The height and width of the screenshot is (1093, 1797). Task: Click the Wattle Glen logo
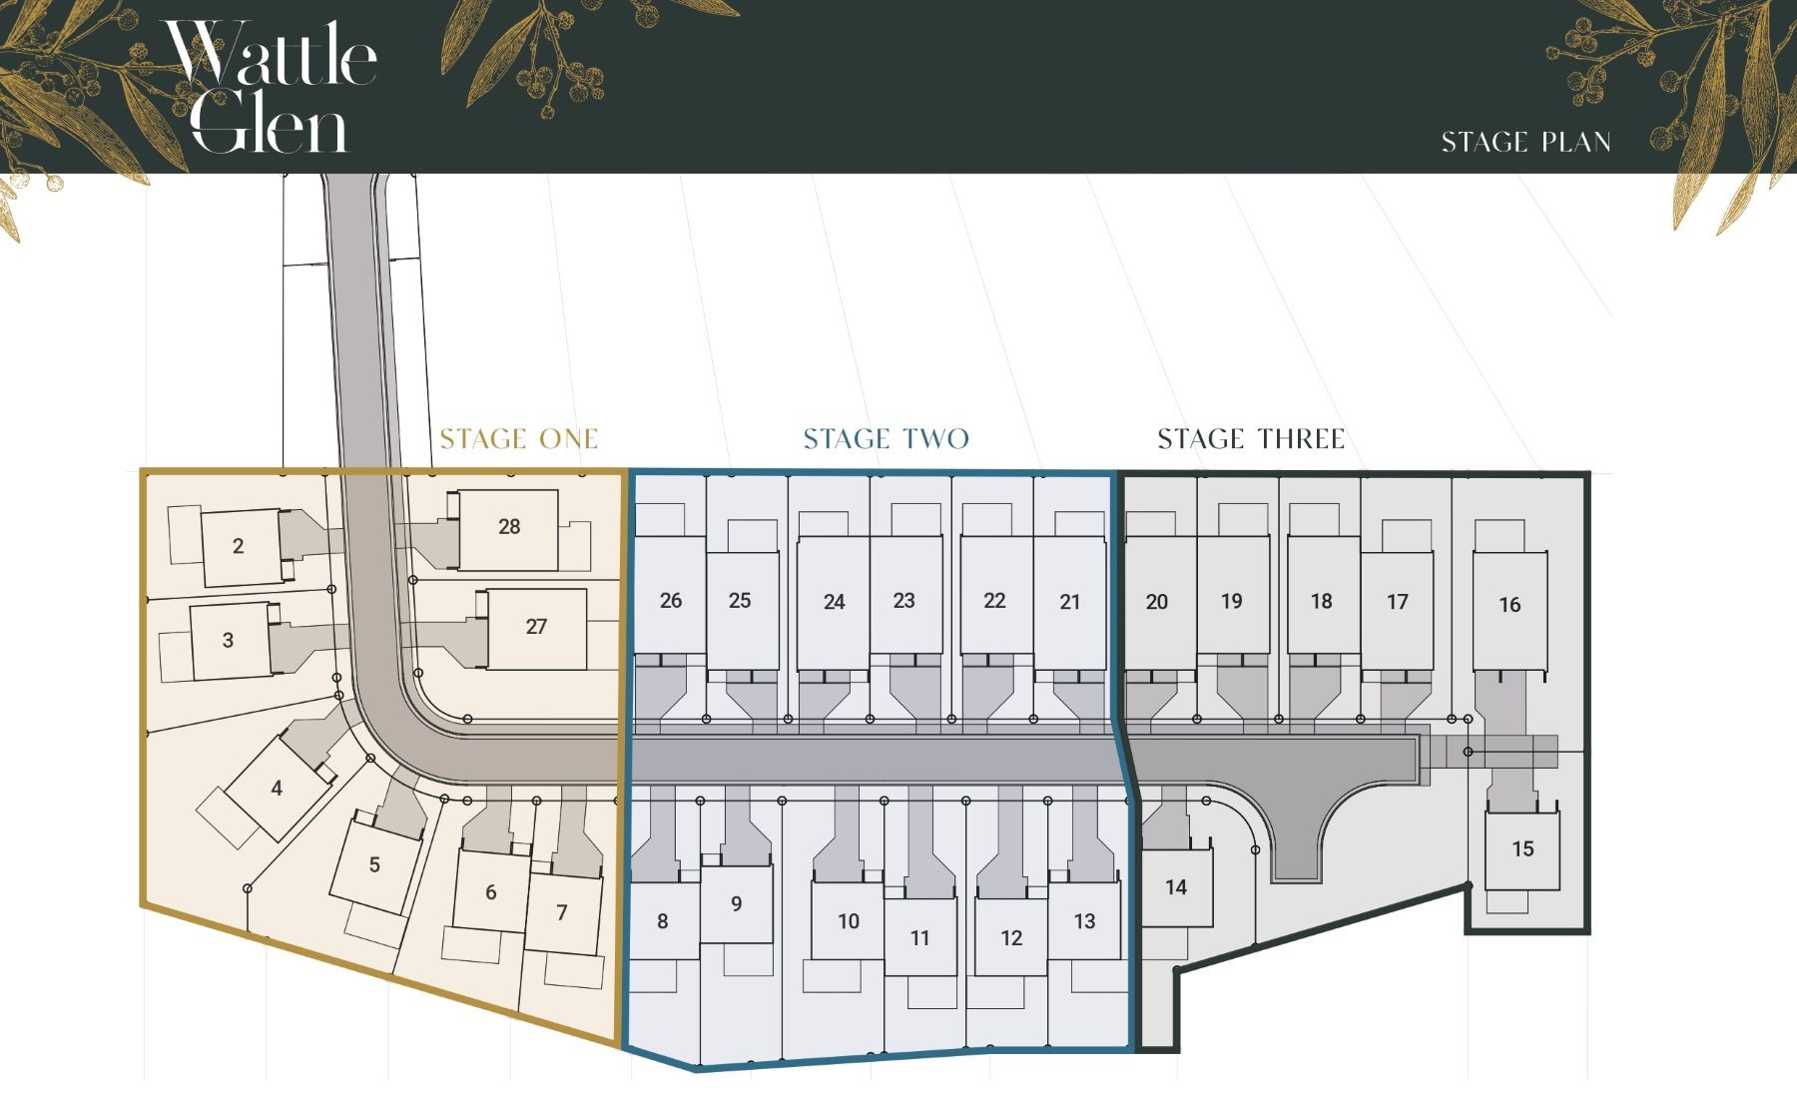pyautogui.click(x=270, y=88)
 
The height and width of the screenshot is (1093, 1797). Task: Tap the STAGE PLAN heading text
pyautogui.click(x=1525, y=143)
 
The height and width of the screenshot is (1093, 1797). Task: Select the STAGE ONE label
pyautogui.click(x=519, y=439)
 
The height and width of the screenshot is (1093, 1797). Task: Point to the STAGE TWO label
pyautogui.click(x=887, y=439)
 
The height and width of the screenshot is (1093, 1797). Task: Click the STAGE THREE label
pyautogui.click(x=1251, y=439)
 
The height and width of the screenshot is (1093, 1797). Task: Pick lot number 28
pyautogui.click(x=509, y=527)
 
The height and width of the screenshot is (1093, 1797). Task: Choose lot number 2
pyautogui.click(x=238, y=546)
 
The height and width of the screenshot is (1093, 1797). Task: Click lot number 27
pyautogui.click(x=536, y=627)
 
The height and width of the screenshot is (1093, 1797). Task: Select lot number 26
pyautogui.click(x=671, y=601)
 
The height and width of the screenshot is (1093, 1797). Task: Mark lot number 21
pyautogui.click(x=1070, y=602)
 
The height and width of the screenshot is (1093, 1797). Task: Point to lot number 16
pyautogui.click(x=1509, y=605)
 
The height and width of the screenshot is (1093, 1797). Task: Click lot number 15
pyautogui.click(x=1522, y=849)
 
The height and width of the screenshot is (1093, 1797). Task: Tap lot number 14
pyautogui.click(x=1176, y=887)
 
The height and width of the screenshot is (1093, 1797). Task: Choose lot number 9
pyautogui.click(x=737, y=904)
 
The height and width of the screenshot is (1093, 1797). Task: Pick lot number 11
pyautogui.click(x=920, y=938)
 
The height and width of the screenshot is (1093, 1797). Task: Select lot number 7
pyautogui.click(x=562, y=912)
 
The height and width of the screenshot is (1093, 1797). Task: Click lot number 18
pyautogui.click(x=1322, y=601)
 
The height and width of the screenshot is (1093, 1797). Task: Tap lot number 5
pyautogui.click(x=374, y=865)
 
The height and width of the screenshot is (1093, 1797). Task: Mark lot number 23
pyautogui.click(x=904, y=601)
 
